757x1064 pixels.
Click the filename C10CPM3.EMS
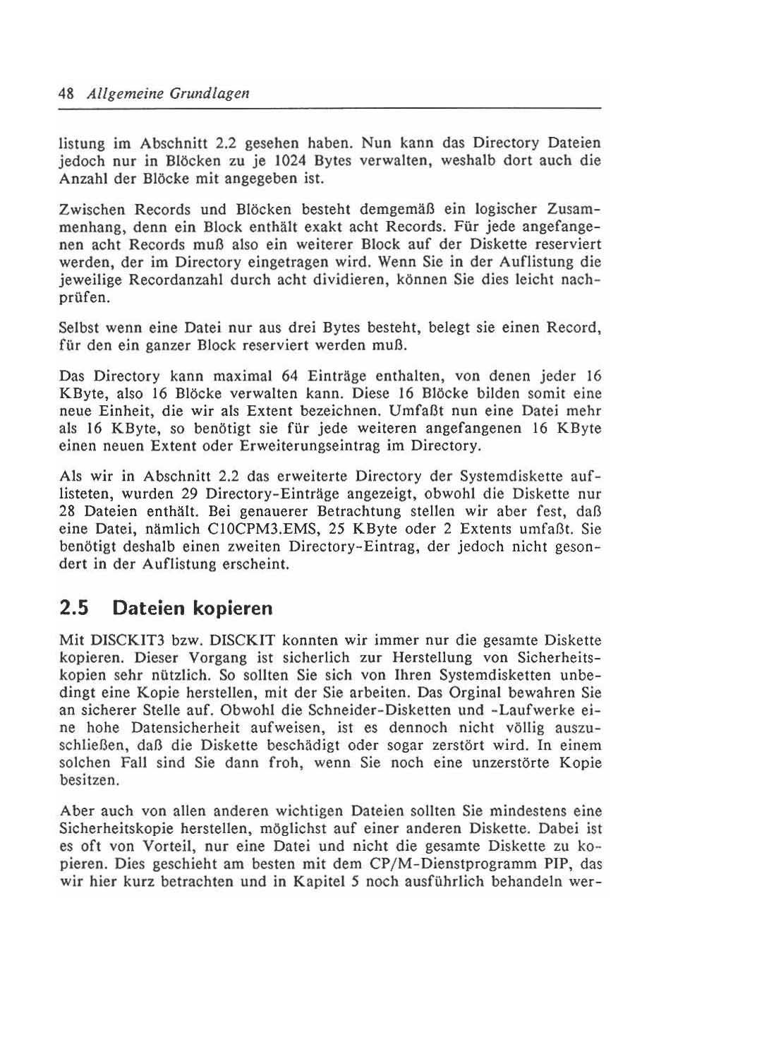pos(272,529)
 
